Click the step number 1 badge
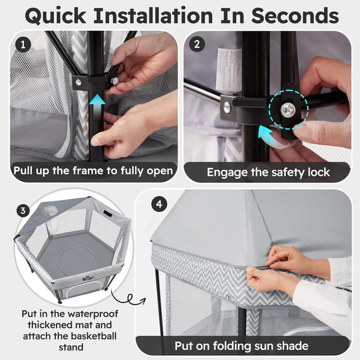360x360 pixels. [23, 44]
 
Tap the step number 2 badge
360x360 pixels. [197, 44]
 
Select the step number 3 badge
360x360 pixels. [23, 211]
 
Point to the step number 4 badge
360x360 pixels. [159, 204]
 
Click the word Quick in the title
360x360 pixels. [55, 16]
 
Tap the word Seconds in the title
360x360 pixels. [295, 16]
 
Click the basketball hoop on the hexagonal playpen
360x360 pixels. [49, 211]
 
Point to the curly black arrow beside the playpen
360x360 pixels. [128, 298]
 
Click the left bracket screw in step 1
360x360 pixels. [78, 82]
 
